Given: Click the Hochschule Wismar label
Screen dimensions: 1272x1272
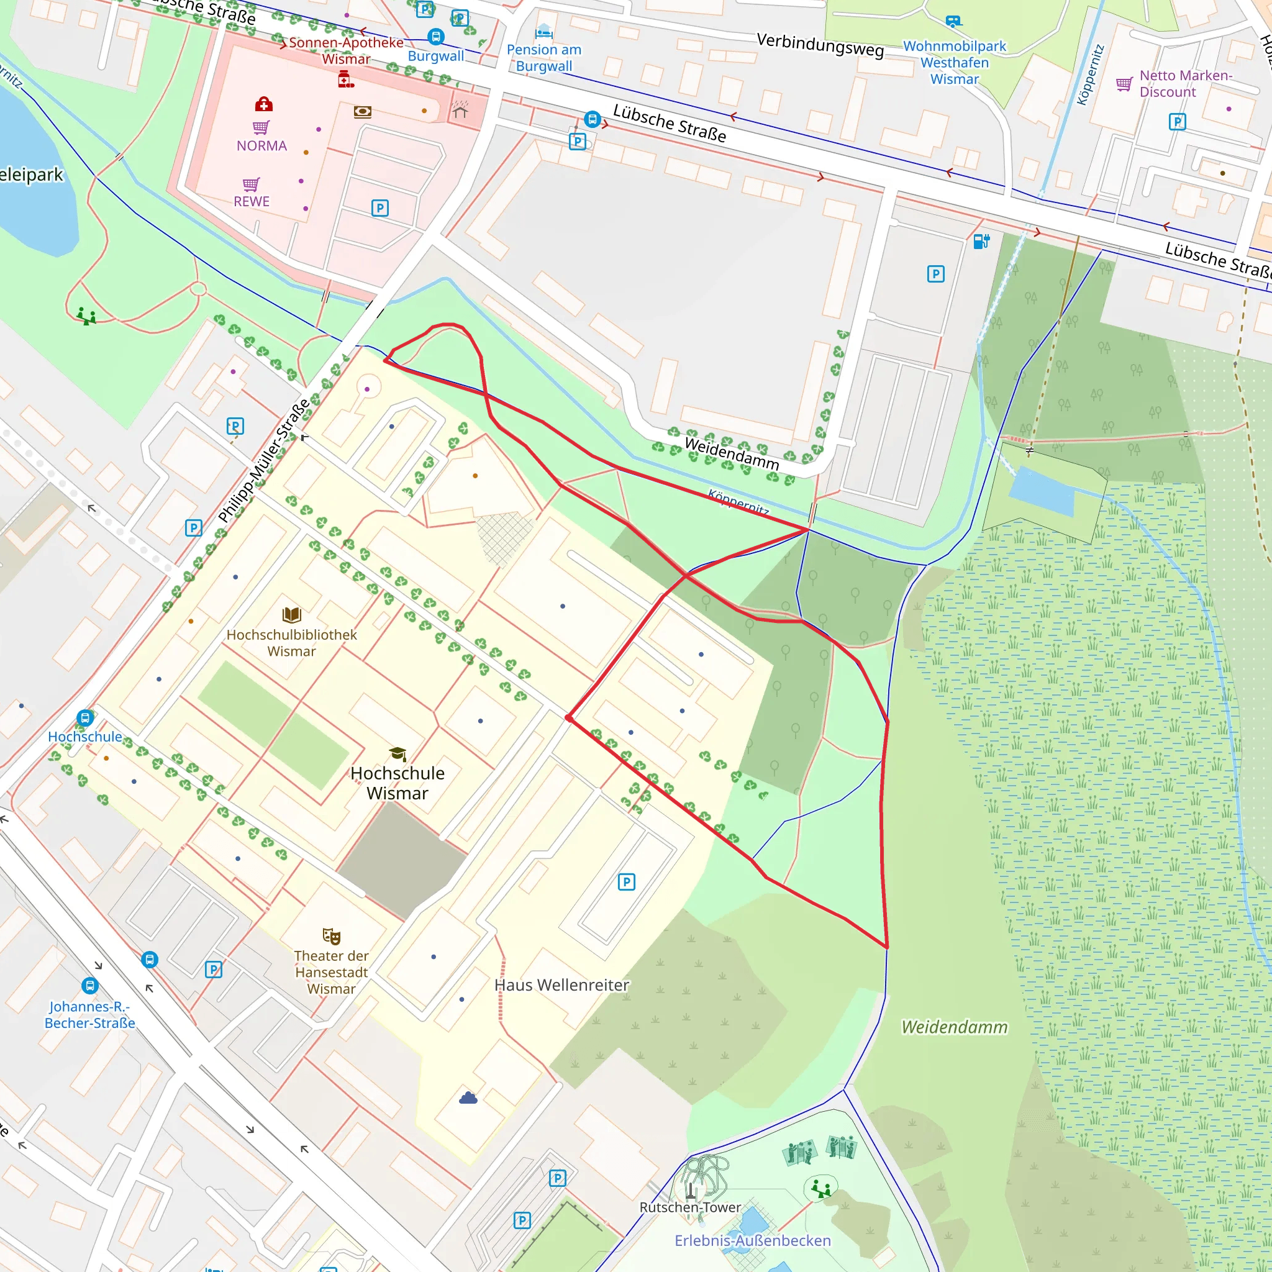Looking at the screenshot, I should point(397,783).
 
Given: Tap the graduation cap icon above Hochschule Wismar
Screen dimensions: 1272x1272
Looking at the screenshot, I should point(397,754).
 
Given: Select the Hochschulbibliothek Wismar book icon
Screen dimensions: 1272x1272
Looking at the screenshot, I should point(292,615).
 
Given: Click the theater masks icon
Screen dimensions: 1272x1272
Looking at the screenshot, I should point(331,935).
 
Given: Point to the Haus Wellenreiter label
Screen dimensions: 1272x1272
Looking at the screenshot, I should point(561,985).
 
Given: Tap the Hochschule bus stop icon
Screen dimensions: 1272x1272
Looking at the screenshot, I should point(85,717).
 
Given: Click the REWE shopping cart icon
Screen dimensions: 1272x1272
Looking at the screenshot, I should point(251,184).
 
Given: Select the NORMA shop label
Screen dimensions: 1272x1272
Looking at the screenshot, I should point(261,145).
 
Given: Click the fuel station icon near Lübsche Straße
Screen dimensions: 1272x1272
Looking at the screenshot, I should point(981,241).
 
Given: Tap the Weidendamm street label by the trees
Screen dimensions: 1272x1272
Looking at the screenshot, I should point(732,453).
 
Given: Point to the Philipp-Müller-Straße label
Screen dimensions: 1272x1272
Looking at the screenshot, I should point(264,460).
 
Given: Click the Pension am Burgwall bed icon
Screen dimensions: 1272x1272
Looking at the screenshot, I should point(544,31).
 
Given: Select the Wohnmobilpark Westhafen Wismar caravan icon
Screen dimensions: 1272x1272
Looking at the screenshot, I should point(953,22).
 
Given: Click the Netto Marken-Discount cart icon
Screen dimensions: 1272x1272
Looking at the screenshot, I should point(1124,84).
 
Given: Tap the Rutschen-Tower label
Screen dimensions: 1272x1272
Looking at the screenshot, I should point(690,1207).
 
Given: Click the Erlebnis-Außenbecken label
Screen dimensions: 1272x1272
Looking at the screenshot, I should point(753,1240).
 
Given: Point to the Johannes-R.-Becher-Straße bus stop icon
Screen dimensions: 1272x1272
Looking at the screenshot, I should point(89,986).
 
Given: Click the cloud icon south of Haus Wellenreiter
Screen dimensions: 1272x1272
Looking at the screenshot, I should point(468,1097).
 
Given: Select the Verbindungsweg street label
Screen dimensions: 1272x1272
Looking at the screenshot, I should point(820,45).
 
